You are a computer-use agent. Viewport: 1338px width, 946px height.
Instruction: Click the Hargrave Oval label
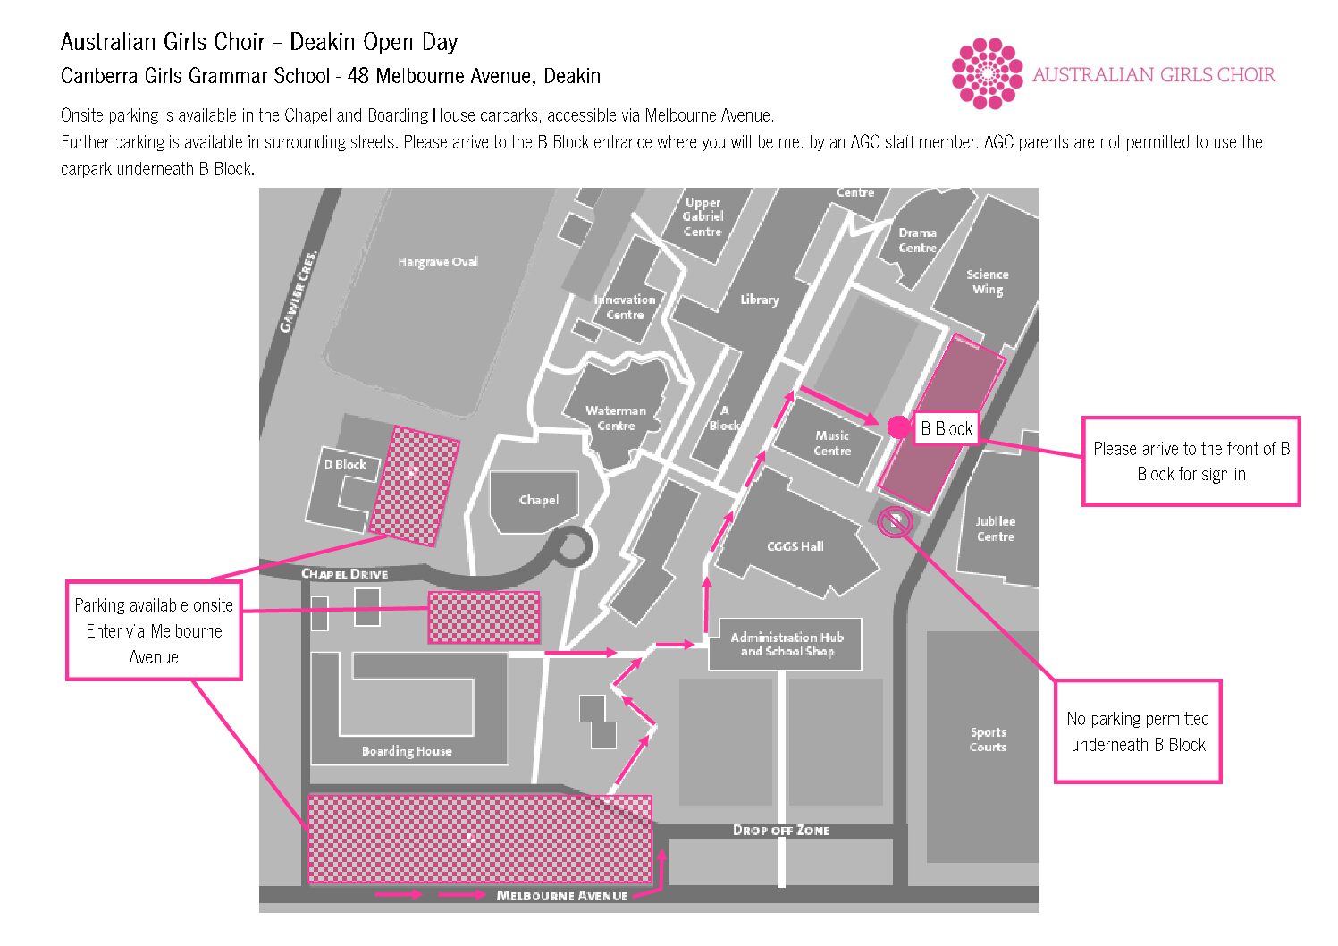(438, 262)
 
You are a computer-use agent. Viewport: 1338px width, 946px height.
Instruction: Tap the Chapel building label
(539, 500)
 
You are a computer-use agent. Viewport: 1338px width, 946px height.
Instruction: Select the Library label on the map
(760, 300)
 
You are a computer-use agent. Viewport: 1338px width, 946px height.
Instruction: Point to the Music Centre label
(832, 443)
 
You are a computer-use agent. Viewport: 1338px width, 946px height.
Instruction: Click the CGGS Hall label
(795, 546)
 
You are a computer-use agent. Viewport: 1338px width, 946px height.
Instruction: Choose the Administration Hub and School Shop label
(787, 644)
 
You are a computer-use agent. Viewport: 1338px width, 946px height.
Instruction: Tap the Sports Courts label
(988, 739)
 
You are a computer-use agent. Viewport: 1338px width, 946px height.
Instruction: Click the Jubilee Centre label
(995, 528)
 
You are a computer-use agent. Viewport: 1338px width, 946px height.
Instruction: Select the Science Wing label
(988, 282)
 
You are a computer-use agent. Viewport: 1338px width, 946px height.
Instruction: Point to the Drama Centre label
(918, 241)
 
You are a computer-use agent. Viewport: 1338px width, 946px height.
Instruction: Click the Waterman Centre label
(616, 418)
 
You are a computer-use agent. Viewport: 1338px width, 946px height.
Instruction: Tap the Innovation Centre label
(625, 308)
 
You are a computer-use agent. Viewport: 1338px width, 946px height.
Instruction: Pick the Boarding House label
(407, 751)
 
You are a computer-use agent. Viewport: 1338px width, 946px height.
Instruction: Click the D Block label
(345, 465)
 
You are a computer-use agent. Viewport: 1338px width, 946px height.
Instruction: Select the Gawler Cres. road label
(298, 291)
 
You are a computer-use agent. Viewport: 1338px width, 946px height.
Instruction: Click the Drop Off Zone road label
(781, 830)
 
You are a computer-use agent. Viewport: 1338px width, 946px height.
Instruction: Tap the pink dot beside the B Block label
(898, 427)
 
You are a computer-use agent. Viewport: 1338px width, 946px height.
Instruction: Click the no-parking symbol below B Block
(895, 522)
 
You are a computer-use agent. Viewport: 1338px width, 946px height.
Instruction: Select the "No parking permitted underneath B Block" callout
(1138, 731)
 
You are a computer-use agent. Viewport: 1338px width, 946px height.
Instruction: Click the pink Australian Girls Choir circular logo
(987, 73)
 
